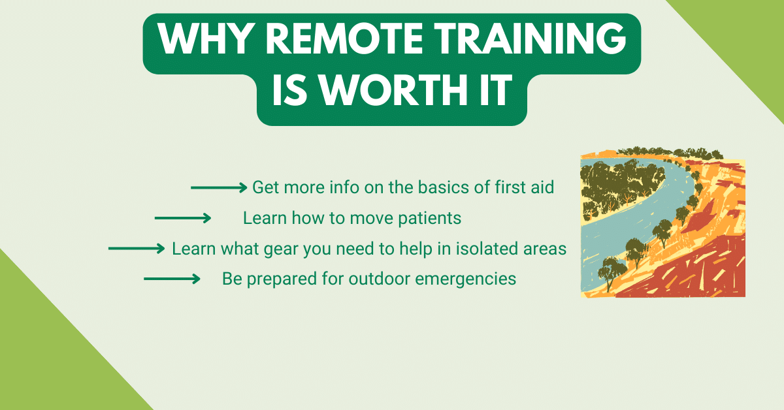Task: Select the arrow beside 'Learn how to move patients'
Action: click(x=183, y=218)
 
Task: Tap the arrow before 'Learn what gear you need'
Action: click(x=137, y=249)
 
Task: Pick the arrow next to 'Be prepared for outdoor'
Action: click(x=172, y=279)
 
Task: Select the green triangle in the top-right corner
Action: click(x=751, y=33)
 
